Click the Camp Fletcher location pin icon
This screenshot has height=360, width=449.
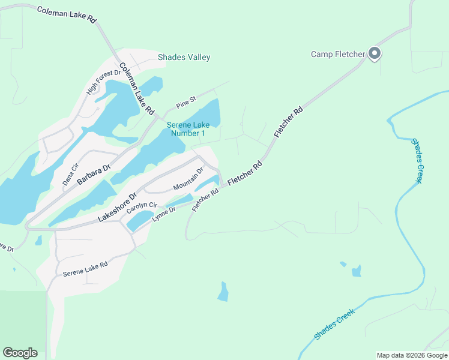tap(375, 54)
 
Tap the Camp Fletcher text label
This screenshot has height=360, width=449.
tap(338, 55)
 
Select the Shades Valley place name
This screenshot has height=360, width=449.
tap(184, 58)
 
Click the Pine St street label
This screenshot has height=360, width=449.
tap(186, 102)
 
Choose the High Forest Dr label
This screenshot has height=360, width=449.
tap(100, 82)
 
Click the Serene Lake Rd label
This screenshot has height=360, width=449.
tap(85, 269)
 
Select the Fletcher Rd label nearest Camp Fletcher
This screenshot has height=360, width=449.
tap(289, 122)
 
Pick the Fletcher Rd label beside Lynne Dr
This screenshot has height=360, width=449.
tap(204, 199)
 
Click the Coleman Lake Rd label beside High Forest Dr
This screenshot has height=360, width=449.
tap(137, 89)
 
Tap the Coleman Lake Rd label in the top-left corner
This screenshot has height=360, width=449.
tap(66, 15)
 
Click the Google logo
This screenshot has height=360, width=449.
tap(20, 353)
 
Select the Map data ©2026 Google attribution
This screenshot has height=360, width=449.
tap(411, 355)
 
